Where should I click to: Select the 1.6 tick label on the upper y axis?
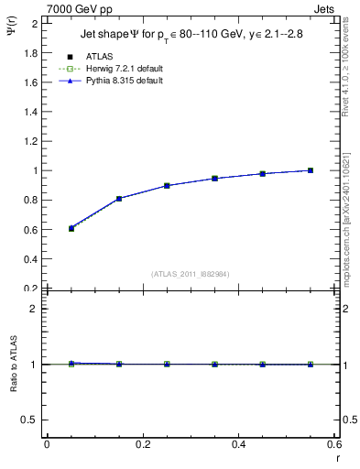31,82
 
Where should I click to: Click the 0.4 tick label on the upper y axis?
31,259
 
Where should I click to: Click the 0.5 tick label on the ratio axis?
31,420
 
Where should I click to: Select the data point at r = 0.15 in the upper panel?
119,199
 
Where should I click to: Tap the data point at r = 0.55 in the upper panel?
311,170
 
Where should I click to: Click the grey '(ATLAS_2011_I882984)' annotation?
191,274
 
